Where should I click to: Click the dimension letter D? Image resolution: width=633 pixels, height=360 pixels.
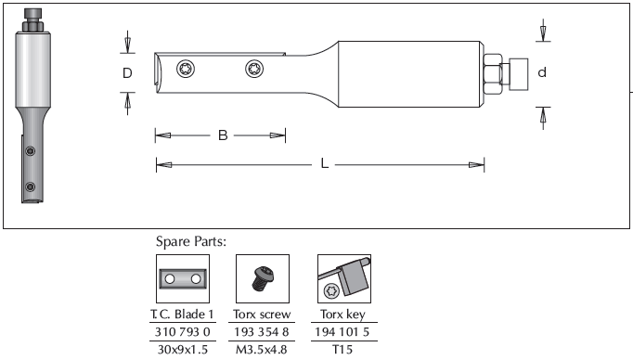click(x=127, y=73)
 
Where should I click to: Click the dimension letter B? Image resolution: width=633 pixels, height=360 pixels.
click(x=223, y=135)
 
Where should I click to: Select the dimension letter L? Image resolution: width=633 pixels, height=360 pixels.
click(x=324, y=163)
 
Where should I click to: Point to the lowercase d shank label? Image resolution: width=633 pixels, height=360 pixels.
click(x=542, y=72)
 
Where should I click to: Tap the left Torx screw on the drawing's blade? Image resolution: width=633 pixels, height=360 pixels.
click(x=186, y=69)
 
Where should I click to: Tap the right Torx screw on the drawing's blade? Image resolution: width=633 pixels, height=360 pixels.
click(x=254, y=69)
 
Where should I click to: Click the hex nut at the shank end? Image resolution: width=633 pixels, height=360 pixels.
click(x=493, y=74)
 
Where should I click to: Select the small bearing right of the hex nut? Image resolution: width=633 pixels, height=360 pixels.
click(x=518, y=74)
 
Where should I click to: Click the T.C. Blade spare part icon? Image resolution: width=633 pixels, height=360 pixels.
click(x=183, y=278)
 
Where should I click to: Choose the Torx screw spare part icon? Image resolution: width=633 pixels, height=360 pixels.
click(x=263, y=278)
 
